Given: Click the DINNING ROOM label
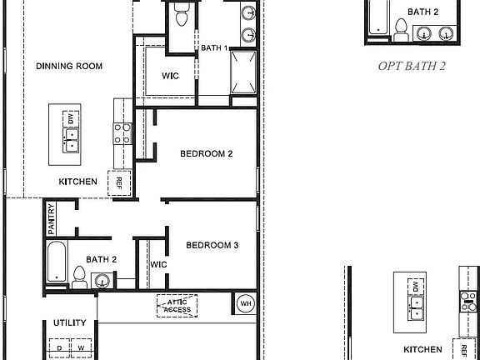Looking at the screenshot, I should click(x=68, y=65).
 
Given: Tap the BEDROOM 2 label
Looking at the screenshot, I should click(x=206, y=153).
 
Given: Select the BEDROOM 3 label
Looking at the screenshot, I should click(x=212, y=245).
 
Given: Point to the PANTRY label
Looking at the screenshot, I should click(x=52, y=218).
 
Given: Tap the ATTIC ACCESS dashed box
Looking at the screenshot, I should click(x=177, y=306).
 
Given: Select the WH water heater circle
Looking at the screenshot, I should click(x=246, y=302).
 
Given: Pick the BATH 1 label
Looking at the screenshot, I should click(x=213, y=48).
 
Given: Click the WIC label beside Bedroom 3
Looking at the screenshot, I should click(x=159, y=264).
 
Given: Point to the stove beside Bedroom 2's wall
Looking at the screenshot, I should click(x=122, y=134).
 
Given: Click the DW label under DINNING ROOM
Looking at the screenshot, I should click(x=70, y=119).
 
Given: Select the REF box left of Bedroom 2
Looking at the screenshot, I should click(x=119, y=182).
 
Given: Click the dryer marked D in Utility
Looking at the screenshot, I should click(x=59, y=347).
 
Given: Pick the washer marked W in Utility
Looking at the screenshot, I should click(x=81, y=347).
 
